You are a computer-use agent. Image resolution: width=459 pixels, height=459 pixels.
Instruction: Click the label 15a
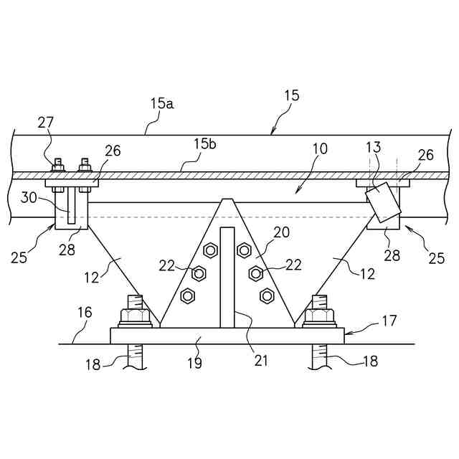tap(162, 103)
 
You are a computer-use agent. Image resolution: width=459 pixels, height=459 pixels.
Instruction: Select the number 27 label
tap(46, 123)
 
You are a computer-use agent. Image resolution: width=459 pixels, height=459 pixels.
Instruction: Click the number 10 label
tap(319, 149)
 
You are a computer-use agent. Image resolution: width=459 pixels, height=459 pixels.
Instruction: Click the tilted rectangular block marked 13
tap(383, 203)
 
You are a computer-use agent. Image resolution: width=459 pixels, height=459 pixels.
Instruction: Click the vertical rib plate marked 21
tap(227, 276)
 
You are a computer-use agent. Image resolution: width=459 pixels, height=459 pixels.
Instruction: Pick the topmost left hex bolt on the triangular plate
tap(210, 250)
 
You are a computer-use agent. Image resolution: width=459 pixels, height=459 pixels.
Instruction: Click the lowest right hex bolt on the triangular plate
tap(267, 294)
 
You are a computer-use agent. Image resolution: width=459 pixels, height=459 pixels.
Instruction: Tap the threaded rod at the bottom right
tap(319, 358)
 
